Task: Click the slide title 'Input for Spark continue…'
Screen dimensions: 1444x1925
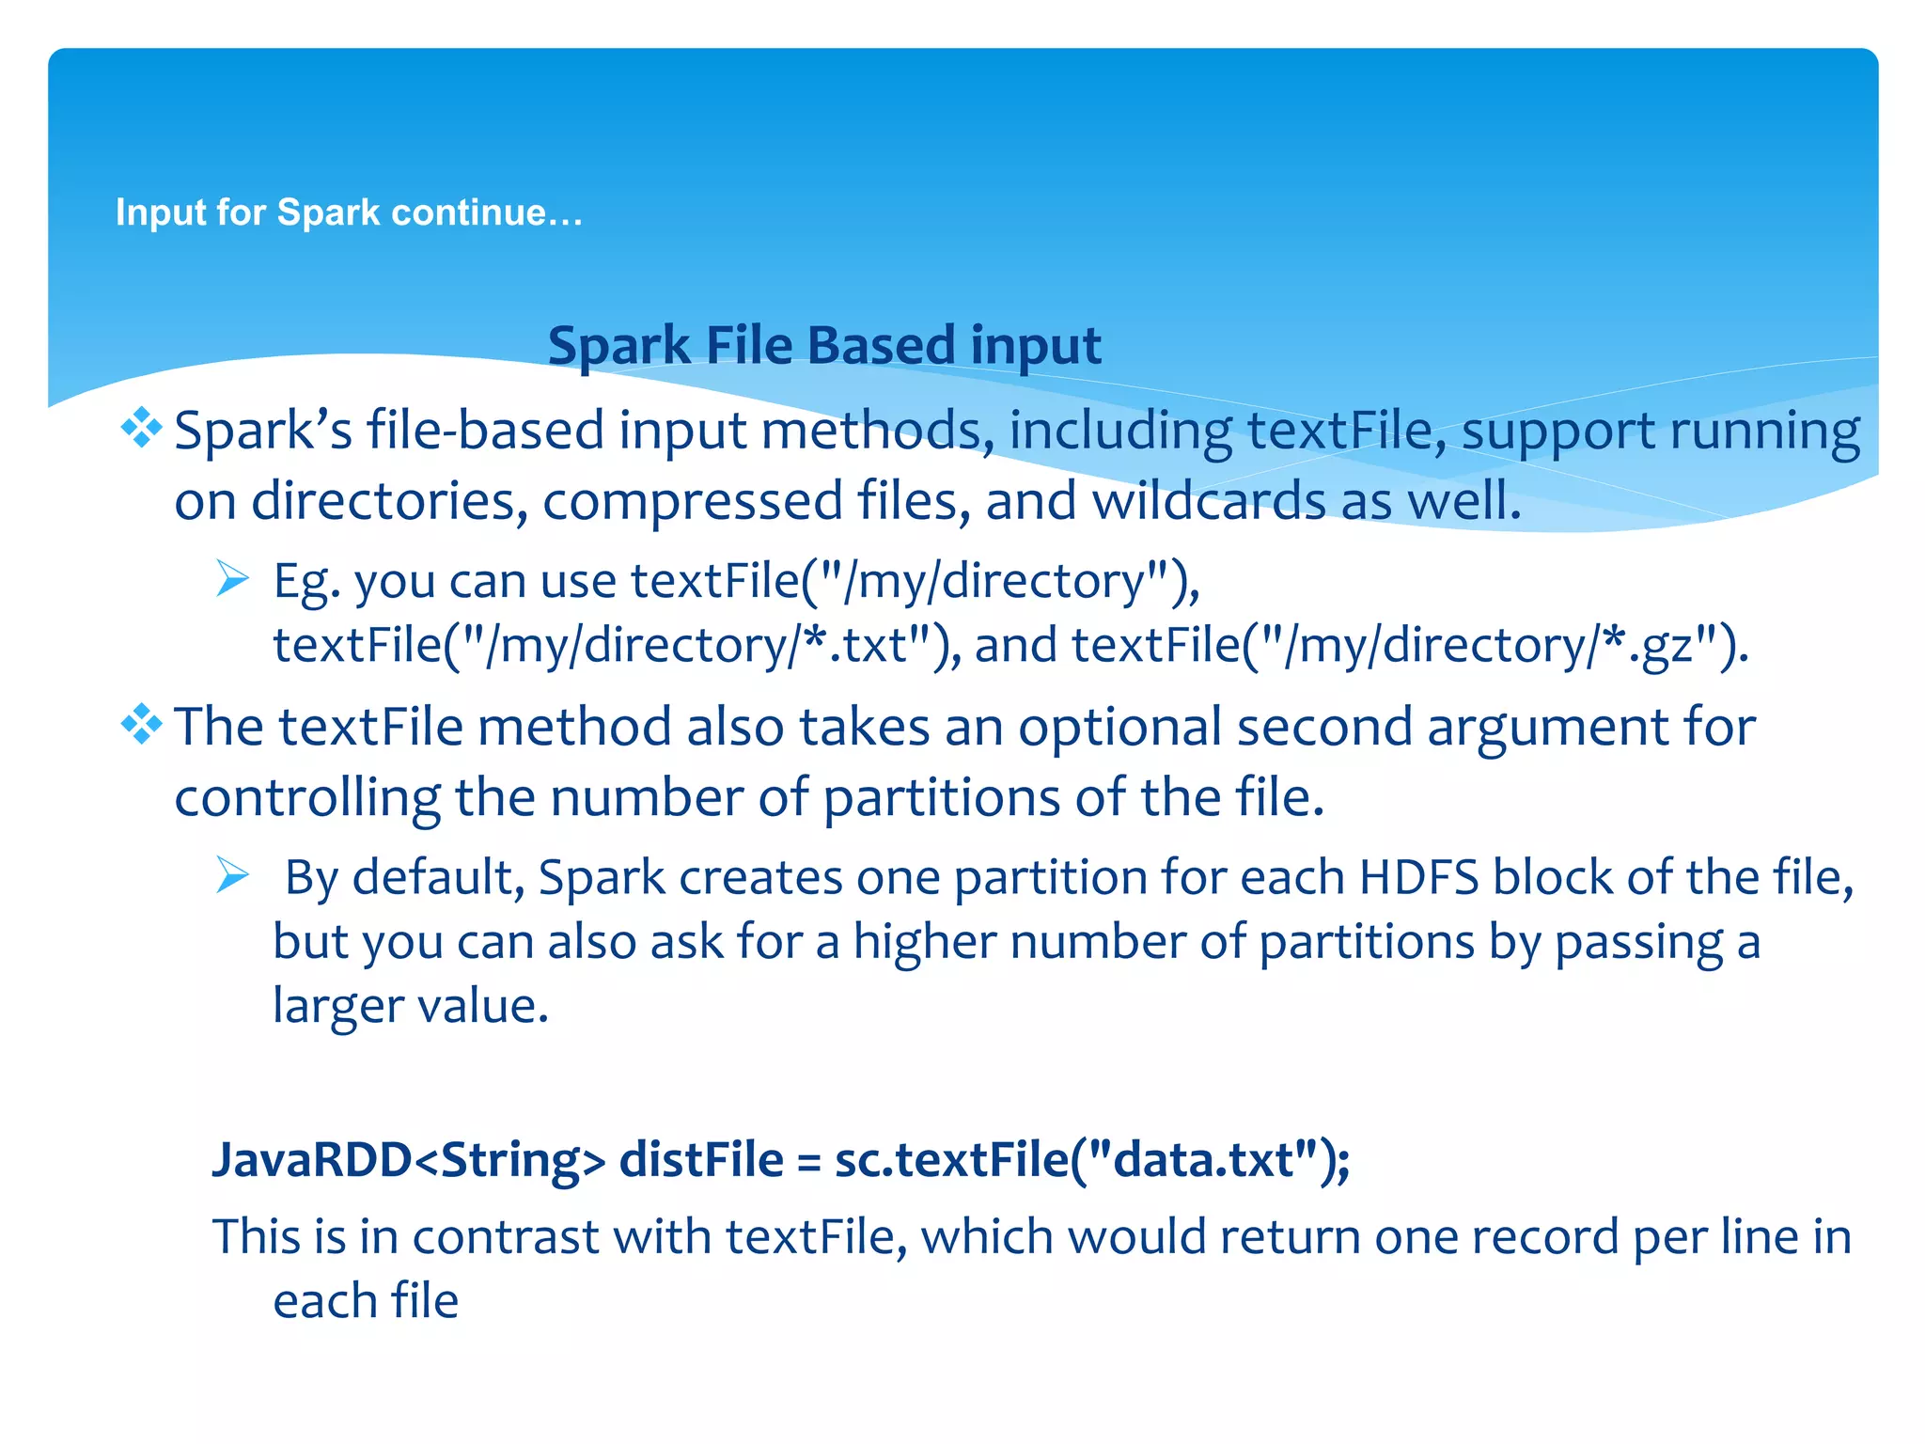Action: coord(349,212)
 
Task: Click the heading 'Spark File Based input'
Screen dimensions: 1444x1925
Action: coord(824,345)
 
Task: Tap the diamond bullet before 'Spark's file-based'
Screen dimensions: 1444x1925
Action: coord(141,429)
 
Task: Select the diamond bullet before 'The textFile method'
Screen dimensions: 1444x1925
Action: coord(141,725)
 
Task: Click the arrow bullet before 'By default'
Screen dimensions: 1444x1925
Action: coord(232,875)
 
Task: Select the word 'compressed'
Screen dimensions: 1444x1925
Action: coord(692,500)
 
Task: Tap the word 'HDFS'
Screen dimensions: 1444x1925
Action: coord(1419,877)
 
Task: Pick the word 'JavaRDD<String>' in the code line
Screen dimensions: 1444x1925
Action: coord(409,1159)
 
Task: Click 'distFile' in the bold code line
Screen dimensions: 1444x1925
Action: coord(701,1159)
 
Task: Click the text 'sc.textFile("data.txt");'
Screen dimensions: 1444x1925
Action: coord(1092,1159)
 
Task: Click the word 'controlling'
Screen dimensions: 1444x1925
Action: coord(306,798)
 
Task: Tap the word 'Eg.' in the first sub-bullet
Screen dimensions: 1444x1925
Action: coord(306,581)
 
